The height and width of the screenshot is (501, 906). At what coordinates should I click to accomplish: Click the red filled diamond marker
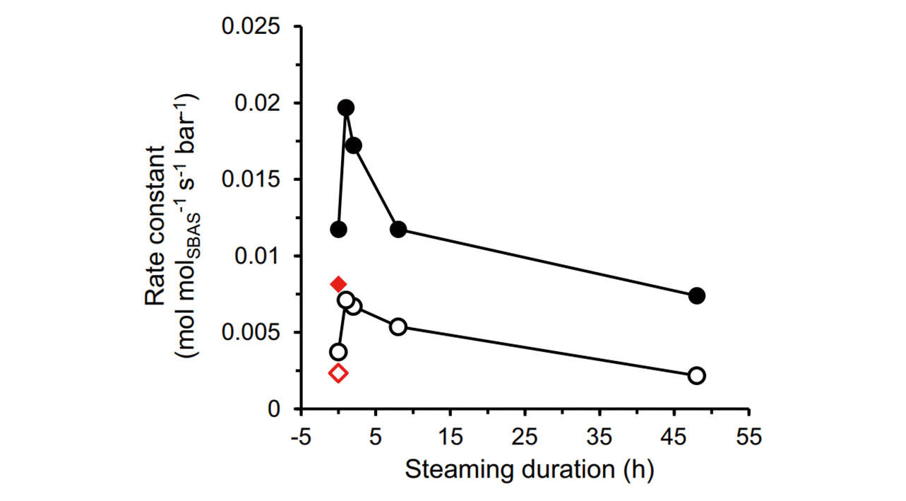pyautogui.click(x=338, y=284)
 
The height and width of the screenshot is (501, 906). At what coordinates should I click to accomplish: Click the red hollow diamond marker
pyautogui.click(x=338, y=373)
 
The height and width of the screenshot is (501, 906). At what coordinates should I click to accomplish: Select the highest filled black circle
pyautogui.click(x=346, y=108)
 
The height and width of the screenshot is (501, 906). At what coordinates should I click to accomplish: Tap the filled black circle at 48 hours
pyautogui.click(x=697, y=295)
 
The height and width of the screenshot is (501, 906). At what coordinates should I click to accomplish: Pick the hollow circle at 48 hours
pyautogui.click(x=697, y=375)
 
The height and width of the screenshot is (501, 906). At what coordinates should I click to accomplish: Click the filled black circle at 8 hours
pyautogui.click(x=398, y=229)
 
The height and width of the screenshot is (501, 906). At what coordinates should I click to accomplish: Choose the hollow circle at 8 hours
pyautogui.click(x=398, y=326)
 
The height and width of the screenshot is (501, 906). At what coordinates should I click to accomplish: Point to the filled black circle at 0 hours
pyautogui.click(x=338, y=229)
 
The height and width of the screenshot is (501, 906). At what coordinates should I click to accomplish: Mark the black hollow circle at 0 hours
pyautogui.click(x=338, y=352)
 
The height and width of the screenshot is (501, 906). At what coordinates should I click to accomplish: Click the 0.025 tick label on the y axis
pyautogui.click(x=251, y=27)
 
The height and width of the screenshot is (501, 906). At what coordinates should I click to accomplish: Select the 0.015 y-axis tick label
pyautogui.click(x=251, y=179)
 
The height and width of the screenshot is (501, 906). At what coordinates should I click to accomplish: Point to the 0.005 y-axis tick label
pyautogui.click(x=251, y=333)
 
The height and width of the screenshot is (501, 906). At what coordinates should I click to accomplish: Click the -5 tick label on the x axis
pyautogui.click(x=301, y=438)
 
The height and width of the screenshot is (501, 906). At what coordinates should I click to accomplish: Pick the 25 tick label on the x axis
pyautogui.click(x=525, y=438)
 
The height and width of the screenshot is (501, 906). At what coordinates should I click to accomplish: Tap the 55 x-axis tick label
pyautogui.click(x=749, y=438)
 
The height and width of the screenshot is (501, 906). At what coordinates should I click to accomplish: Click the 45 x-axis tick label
pyautogui.click(x=674, y=438)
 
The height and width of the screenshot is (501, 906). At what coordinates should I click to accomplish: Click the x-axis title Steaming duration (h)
pyautogui.click(x=529, y=469)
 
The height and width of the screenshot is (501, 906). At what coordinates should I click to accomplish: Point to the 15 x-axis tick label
pyautogui.click(x=451, y=438)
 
